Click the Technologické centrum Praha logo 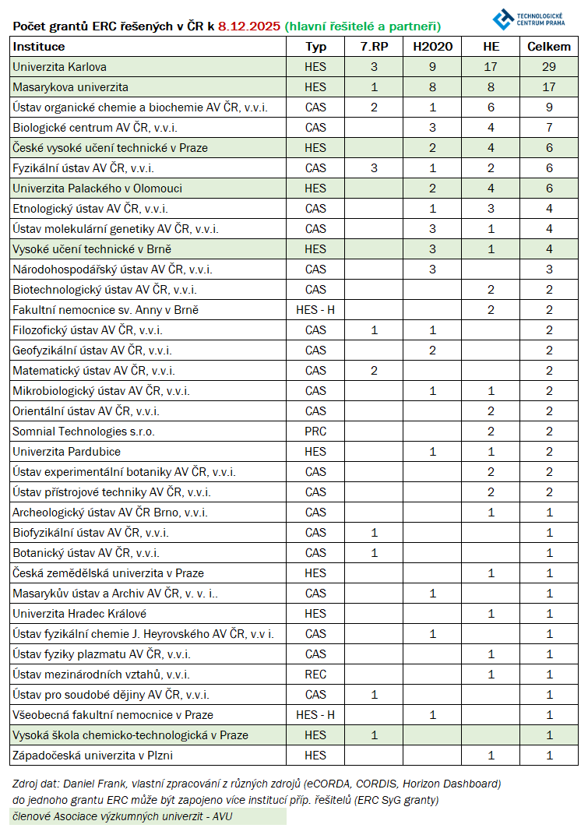click(x=533, y=18)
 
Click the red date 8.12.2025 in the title click(x=249, y=26)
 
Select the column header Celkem click(x=549, y=47)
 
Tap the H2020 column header click(x=432, y=47)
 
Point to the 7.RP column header click(x=374, y=47)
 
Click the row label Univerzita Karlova click(x=60, y=67)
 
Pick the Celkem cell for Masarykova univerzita click(x=549, y=87)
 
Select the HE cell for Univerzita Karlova click(x=491, y=67)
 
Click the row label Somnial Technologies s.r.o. click(x=69, y=432)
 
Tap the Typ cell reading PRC click(x=315, y=432)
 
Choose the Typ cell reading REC click(x=315, y=675)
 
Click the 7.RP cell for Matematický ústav click(x=374, y=371)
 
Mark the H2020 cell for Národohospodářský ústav click(x=432, y=270)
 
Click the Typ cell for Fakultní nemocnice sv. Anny click(x=315, y=310)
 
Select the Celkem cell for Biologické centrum click(x=549, y=128)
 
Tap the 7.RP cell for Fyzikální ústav click(x=374, y=168)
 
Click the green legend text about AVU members click(x=121, y=817)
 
